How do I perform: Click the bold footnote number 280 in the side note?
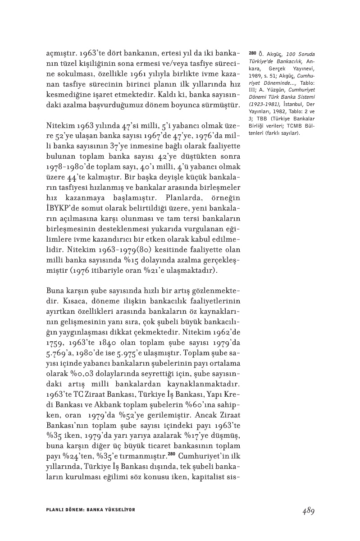tap(252, 53)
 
